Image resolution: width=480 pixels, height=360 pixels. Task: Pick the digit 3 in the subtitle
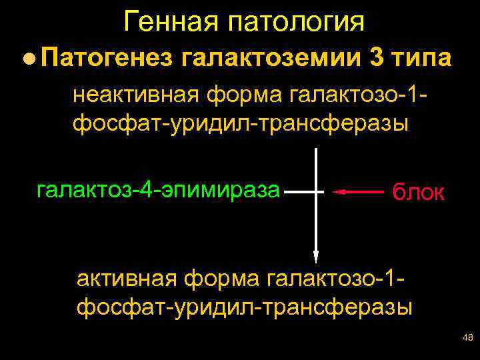(375, 59)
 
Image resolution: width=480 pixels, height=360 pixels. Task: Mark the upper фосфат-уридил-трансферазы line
(239, 123)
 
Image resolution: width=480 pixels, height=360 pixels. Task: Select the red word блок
(418, 192)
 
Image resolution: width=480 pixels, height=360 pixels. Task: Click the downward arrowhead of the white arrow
(316, 256)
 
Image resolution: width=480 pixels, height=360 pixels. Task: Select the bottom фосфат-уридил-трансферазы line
(245, 307)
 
